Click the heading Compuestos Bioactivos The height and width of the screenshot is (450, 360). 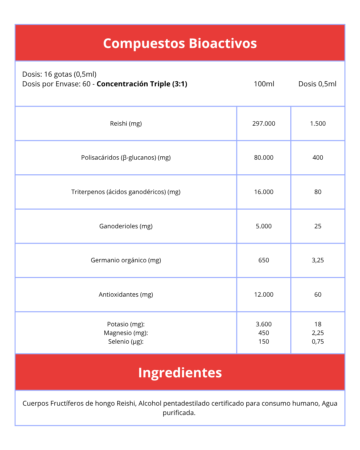(x=180, y=43)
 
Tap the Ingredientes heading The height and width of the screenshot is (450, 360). (x=180, y=373)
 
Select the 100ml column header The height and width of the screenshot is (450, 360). (x=264, y=84)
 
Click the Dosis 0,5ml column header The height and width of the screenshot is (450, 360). (x=317, y=84)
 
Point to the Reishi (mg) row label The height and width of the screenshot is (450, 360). (x=126, y=124)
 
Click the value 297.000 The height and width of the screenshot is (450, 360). (x=264, y=124)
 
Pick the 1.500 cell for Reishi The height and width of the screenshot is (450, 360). (x=318, y=124)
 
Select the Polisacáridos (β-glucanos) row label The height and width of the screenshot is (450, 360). (x=126, y=158)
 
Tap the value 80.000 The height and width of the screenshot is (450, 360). (x=264, y=158)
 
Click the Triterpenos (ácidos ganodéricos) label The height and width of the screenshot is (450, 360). (x=126, y=192)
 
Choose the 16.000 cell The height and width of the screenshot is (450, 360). (x=264, y=192)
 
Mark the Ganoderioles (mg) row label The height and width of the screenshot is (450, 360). (x=126, y=226)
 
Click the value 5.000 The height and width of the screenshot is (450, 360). (x=264, y=226)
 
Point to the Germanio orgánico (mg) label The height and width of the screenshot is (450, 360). (x=126, y=260)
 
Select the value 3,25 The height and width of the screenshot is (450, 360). (x=318, y=260)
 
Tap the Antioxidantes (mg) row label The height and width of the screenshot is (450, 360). (x=126, y=295)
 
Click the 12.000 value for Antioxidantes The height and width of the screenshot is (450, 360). (x=264, y=295)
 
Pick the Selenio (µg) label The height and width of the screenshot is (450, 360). (x=126, y=342)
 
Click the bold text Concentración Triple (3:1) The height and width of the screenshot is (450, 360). (x=142, y=84)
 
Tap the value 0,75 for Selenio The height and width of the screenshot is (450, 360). (x=318, y=342)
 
